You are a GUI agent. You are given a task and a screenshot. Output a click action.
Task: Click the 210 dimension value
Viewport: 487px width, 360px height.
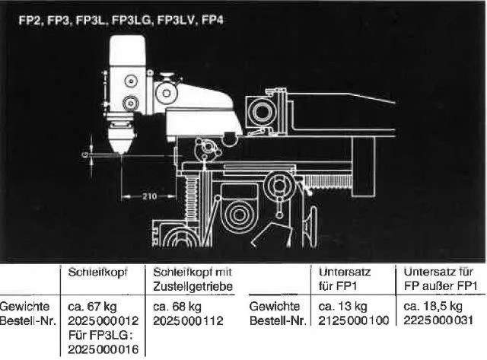click(149, 196)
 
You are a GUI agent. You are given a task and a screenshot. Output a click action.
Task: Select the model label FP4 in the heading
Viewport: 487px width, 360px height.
click(212, 21)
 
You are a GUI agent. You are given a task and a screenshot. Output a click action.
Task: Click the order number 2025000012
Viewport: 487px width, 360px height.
click(103, 321)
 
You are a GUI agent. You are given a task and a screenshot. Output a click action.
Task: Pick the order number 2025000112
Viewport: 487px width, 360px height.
click(188, 321)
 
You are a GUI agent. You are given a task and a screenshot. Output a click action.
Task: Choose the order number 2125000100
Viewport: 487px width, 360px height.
click(354, 321)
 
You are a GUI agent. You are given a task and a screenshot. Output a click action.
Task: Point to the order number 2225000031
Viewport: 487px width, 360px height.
click(438, 320)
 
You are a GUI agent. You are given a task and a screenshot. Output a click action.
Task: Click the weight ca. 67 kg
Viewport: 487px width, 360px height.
click(92, 307)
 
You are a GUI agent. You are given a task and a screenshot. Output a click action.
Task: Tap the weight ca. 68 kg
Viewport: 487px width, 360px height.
click(177, 307)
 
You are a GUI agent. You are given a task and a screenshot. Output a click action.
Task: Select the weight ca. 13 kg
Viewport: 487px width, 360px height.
click(343, 307)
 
